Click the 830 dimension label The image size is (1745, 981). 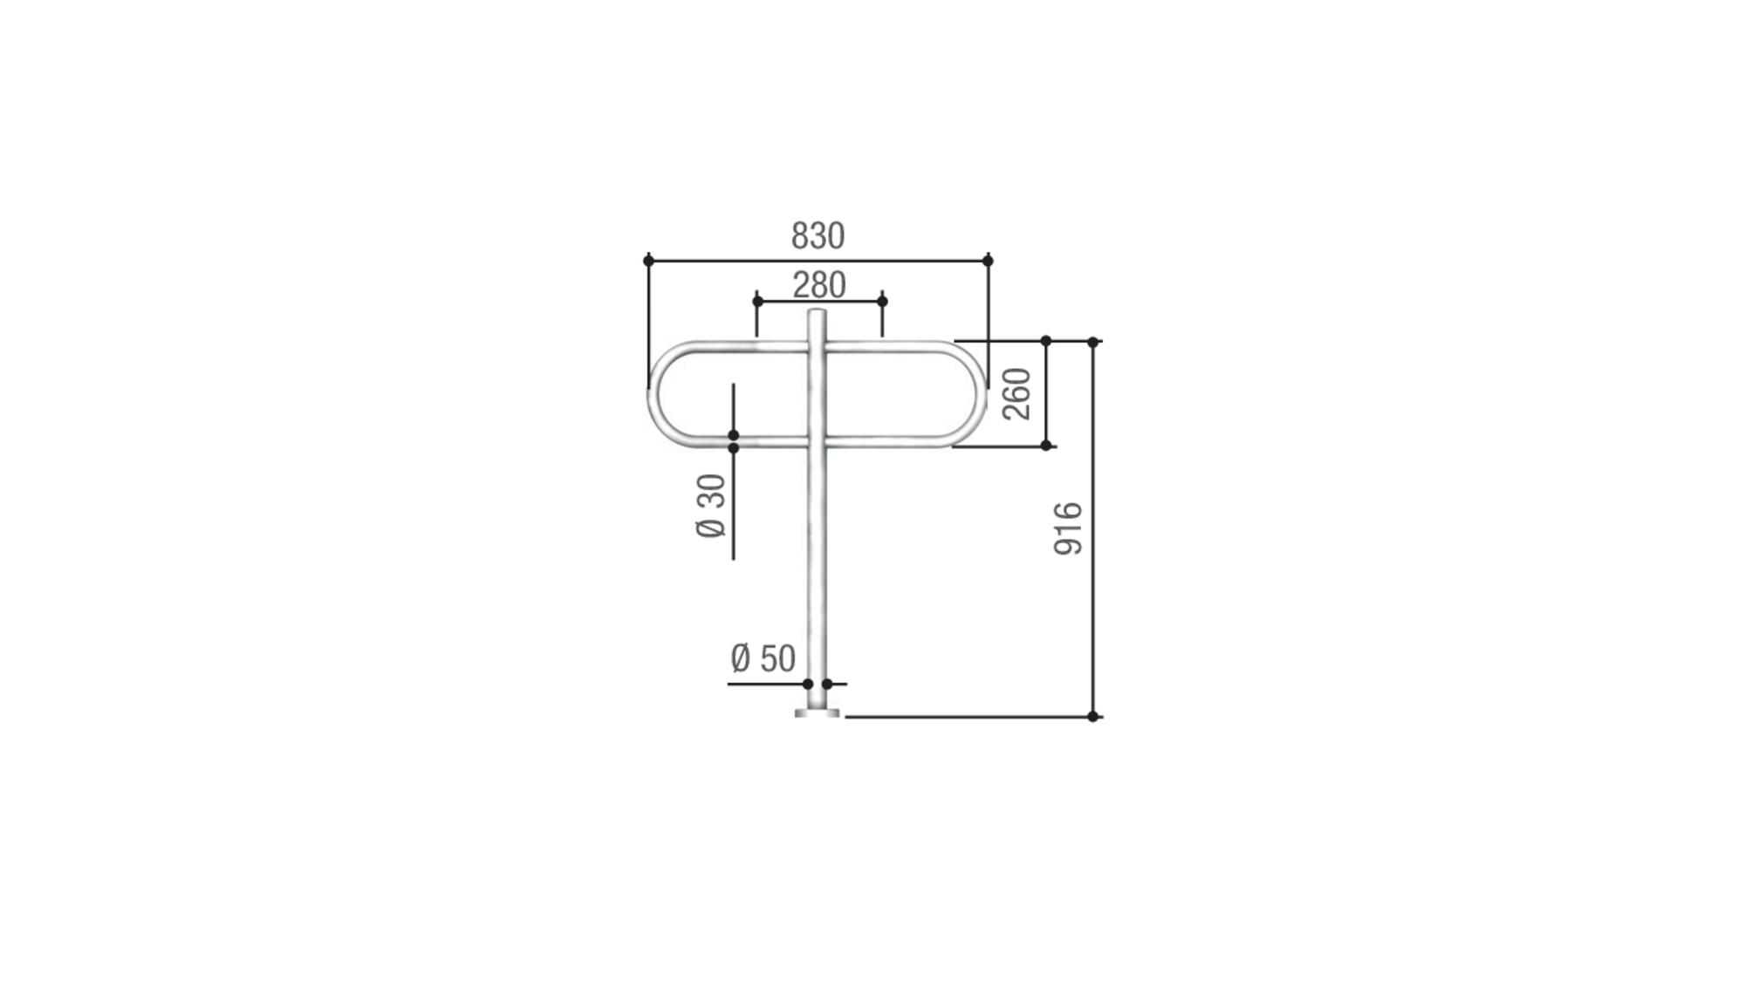point(818,236)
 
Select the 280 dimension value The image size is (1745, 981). point(819,285)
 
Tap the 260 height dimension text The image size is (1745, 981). point(1017,393)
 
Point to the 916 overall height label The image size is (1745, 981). point(1068,528)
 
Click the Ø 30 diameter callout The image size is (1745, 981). point(711,506)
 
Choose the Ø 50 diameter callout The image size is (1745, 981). point(763,658)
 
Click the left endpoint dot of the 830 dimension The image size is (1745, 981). point(648,261)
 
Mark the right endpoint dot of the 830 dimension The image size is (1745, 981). point(988,261)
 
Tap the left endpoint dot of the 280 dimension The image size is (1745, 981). point(757,302)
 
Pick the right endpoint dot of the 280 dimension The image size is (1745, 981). point(882,302)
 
